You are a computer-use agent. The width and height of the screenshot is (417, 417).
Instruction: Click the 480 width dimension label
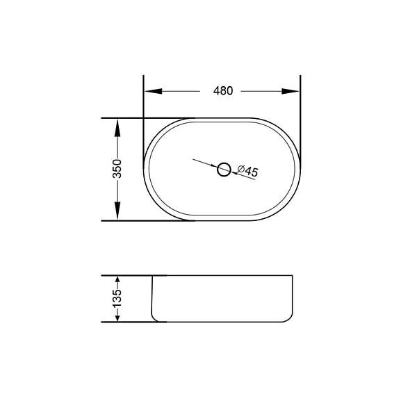pyautogui.click(x=223, y=91)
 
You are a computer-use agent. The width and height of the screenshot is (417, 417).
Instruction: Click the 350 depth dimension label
pyautogui.click(x=117, y=169)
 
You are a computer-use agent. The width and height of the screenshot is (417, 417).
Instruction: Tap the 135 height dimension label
pyautogui.click(x=117, y=298)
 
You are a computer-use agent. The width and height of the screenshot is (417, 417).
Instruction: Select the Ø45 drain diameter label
pyautogui.click(x=247, y=171)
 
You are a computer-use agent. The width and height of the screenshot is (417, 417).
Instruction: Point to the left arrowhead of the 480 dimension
pyautogui.click(x=153, y=91)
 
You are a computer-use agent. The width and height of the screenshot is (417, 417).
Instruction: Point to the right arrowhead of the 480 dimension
pyautogui.click(x=291, y=91)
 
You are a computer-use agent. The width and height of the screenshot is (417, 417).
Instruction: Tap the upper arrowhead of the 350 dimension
pyautogui.click(x=117, y=129)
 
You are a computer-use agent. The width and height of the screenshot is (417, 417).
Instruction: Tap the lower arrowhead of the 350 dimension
pyautogui.click(x=117, y=210)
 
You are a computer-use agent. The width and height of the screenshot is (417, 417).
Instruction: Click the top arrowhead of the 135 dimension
pyautogui.click(x=117, y=279)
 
